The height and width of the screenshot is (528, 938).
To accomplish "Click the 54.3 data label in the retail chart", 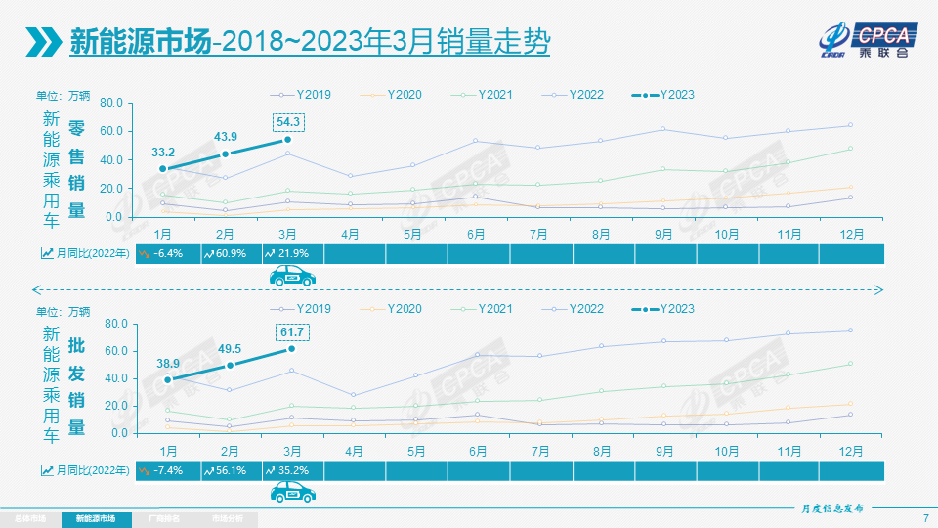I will coord(290,122).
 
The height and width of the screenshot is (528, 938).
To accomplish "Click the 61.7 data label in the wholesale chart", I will coord(290,332).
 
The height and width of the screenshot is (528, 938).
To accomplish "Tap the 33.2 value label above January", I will coord(163,153).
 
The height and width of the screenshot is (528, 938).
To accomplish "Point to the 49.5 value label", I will coord(231,348).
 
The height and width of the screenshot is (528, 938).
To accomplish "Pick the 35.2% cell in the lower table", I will coord(290,469).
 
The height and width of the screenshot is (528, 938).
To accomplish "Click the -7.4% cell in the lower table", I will coord(165,469).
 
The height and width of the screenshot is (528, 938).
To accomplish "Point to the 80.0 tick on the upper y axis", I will coord(109,102).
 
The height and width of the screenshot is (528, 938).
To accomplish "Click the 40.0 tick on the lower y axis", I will coord(109,378).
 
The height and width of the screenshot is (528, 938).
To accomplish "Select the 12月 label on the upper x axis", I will coord(850,234).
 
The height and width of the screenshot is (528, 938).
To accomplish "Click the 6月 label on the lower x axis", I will coord(478,451).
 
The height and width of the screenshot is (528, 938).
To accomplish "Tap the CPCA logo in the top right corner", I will coord(868,39).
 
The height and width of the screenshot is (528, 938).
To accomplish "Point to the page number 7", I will coord(924,517).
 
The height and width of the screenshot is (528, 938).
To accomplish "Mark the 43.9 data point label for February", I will coord(226,136).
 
